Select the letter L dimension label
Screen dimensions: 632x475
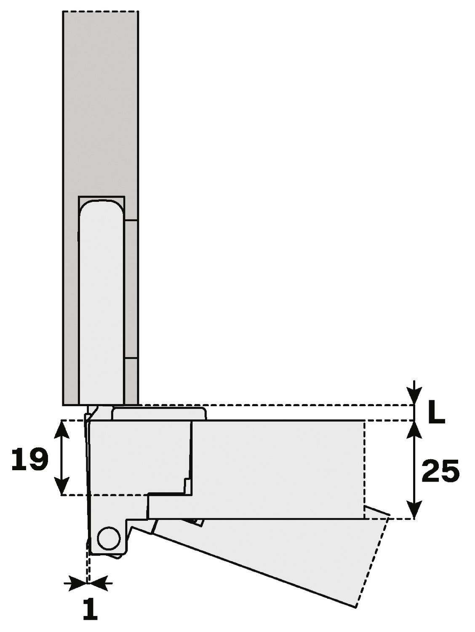(436, 413)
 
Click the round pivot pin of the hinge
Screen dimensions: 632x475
(108, 537)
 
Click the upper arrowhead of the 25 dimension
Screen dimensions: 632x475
(415, 428)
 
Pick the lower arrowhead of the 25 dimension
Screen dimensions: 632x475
(415, 511)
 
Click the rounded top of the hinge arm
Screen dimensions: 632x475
(101, 206)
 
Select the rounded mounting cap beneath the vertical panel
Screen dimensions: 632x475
(159, 413)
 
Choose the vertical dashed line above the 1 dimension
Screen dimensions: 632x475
(88, 565)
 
